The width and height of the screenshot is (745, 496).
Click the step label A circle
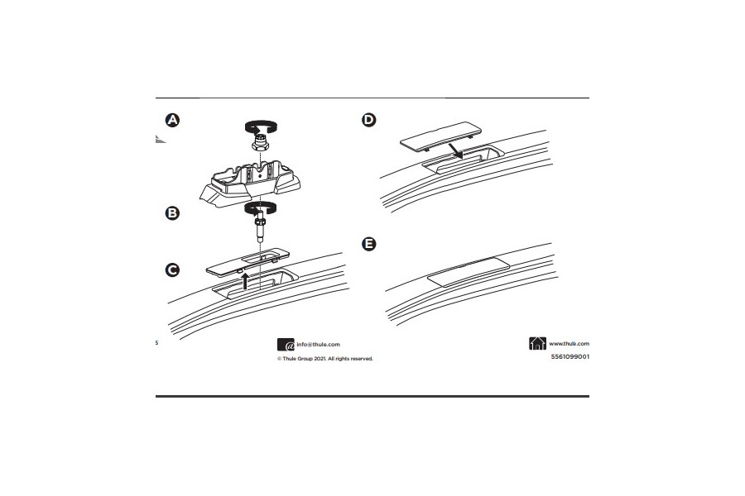172,121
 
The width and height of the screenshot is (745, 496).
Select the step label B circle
172,212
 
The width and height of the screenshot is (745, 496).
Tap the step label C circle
172,270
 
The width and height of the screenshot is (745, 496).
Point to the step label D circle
369,121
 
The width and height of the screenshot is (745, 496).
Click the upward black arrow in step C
245,282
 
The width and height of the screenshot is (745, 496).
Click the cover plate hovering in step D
439,136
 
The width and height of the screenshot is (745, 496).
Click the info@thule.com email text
319,345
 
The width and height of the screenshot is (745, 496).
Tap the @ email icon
285,346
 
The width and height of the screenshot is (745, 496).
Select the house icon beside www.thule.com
536,344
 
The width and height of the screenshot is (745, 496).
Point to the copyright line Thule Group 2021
324,359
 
